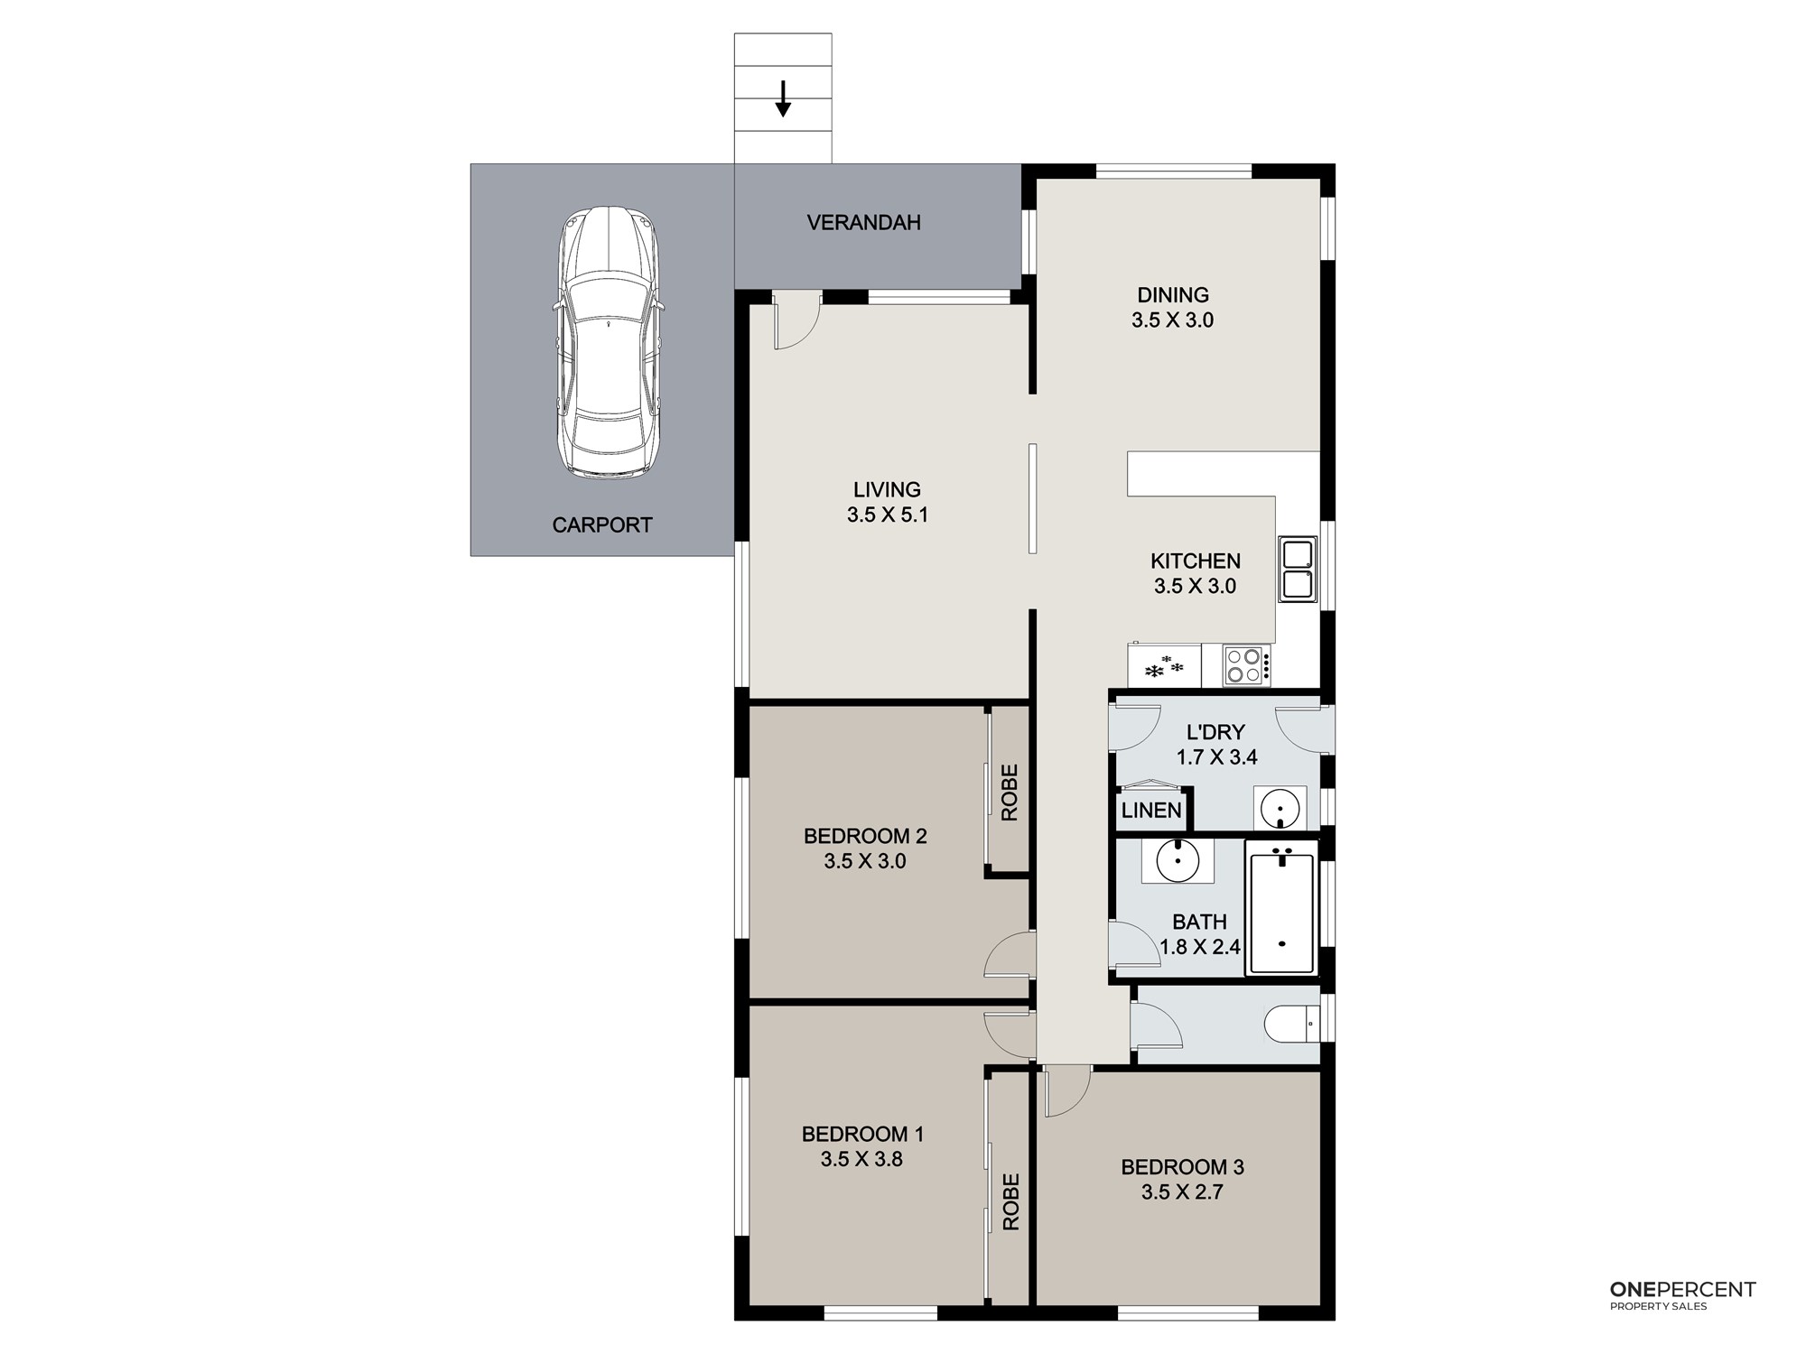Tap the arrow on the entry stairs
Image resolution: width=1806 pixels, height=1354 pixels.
[x=783, y=98]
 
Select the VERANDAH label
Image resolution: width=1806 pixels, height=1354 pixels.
[x=864, y=223]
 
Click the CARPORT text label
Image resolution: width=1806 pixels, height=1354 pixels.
[x=602, y=524]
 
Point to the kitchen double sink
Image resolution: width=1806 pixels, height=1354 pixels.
[x=1297, y=570]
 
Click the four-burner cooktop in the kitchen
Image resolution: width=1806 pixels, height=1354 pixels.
[x=1246, y=666]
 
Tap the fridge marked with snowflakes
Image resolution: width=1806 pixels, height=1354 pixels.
[x=1164, y=665]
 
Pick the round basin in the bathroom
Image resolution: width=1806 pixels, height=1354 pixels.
[x=1178, y=860]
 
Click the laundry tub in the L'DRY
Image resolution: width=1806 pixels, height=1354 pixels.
[x=1280, y=807]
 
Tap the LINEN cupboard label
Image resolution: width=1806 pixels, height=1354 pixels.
[x=1151, y=810]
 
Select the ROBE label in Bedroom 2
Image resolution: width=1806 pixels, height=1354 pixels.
[x=1010, y=793]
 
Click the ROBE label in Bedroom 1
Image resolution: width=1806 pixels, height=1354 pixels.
[x=1010, y=1201]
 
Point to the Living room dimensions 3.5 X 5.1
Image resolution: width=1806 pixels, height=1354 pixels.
[x=888, y=515]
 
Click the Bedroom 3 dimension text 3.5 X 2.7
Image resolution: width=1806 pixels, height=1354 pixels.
[x=1182, y=1192]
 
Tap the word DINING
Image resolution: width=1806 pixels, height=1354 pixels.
[x=1173, y=295]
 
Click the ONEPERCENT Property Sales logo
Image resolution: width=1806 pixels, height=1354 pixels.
[x=1683, y=1295]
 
